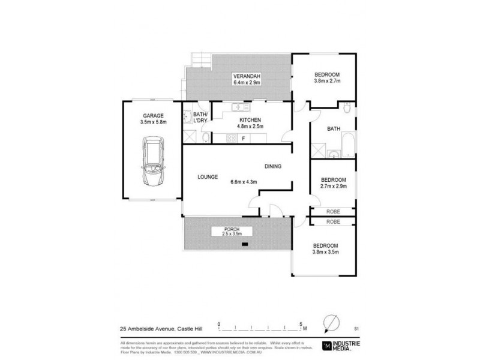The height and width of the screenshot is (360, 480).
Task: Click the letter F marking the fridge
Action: tap(243, 139)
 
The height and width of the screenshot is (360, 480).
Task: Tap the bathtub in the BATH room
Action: tap(348, 146)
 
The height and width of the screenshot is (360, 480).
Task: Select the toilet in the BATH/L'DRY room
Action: tap(205, 139)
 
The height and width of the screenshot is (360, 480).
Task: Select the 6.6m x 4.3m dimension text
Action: tap(247, 182)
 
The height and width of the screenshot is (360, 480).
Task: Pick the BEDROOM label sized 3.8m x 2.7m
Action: tap(327, 79)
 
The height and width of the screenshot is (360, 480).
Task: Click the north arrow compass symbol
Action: tap(329, 325)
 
